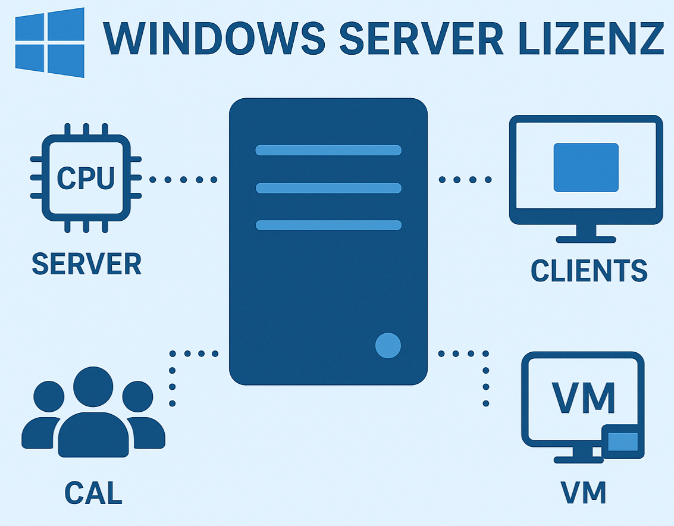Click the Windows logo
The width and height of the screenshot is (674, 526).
click(x=50, y=43)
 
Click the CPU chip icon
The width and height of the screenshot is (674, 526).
click(x=86, y=178)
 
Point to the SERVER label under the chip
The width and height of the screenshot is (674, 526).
click(x=86, y=264)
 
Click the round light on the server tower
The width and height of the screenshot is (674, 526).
click(x=388, y=346)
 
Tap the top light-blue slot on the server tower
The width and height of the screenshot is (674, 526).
click(x=328, y=150)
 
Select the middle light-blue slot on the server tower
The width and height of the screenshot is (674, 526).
click(x=328, y=188)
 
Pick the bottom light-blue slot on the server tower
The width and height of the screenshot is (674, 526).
click(x=328, y=225)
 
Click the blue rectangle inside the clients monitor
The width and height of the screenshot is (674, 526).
click(x=586, y=167)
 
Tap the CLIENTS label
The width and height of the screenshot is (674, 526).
click(x=588, y=271)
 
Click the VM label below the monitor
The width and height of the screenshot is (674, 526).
click(x=582, y=493)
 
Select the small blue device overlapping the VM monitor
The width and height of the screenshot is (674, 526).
click(x=623, y=442)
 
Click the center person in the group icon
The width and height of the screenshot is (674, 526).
click(x=93, y=417)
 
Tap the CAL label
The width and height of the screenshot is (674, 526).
click(x=93, y=493)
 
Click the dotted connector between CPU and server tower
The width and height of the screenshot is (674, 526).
click(x=183, y=179)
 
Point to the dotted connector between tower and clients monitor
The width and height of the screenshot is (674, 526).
click(x=465, y=179)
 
